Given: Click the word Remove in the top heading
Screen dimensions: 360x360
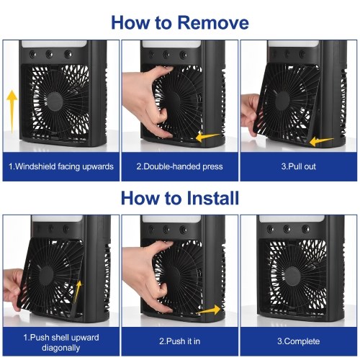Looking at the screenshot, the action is pos(213,22).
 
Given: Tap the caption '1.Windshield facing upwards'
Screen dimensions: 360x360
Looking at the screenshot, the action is pos(61,166).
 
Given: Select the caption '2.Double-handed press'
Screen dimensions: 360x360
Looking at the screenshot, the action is pos(179,166).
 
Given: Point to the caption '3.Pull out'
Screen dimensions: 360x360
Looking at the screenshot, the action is pos(299,166).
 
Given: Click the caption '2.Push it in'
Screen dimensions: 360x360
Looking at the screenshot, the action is pos(179,341).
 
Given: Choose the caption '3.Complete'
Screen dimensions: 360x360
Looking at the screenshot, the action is pos(299,341).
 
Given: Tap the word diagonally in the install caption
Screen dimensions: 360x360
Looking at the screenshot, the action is pos(61,348).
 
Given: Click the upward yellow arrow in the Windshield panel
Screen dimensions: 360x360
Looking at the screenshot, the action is pos(12,112).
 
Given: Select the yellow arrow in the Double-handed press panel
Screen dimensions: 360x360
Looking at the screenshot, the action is pos(208,137).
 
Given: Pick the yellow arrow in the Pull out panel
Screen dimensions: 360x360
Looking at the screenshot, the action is pos(321,141).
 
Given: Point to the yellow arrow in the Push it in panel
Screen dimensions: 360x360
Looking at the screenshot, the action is pos(209,310).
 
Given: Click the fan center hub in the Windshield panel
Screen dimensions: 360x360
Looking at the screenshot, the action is pos(55,102).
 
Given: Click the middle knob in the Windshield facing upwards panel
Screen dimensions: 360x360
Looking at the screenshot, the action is pos(49,54).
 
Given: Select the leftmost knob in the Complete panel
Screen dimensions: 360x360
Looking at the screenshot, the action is pos(270,228).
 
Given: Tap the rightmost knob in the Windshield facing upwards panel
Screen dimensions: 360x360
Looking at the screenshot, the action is pos(68,54).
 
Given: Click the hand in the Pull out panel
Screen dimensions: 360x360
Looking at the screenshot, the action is pos(250,114).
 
